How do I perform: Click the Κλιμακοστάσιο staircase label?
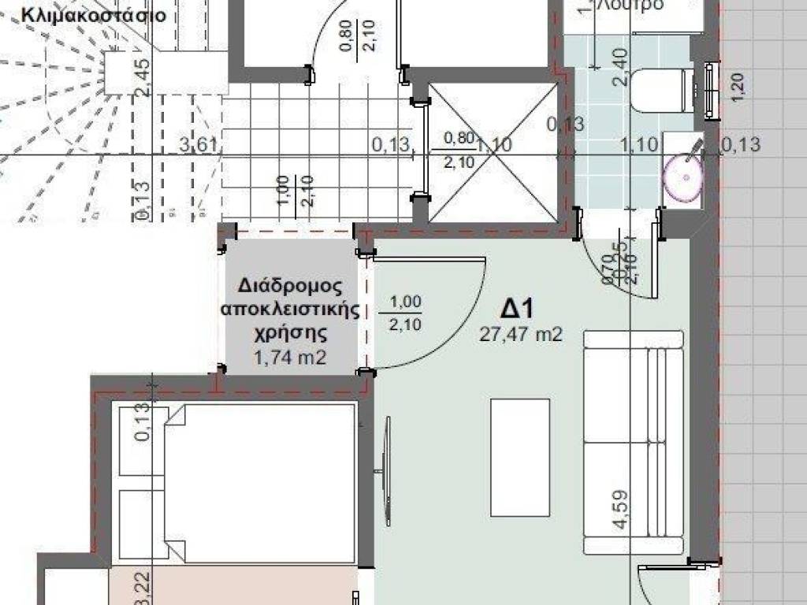coord(94,15)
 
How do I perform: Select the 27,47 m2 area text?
coord(521,335)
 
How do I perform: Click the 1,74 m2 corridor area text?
coord(290,358)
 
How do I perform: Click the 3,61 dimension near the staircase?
coord(198,144)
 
